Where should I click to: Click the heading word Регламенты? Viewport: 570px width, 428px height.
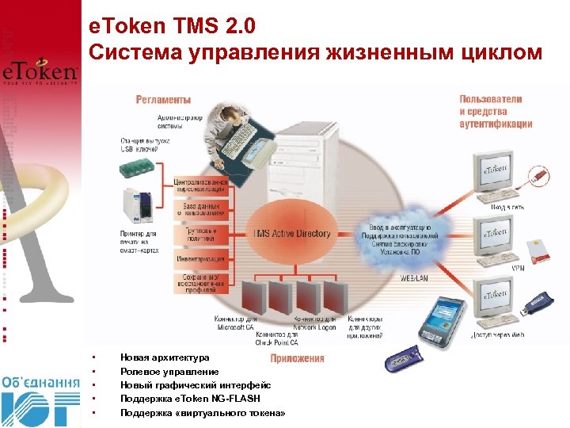(x=163, y=100)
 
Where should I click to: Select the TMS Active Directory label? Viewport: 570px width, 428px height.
(x=292, y=234)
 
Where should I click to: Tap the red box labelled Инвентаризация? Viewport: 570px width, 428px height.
(x=200, y=258)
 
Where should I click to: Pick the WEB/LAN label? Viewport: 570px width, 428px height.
(x=415, y=278)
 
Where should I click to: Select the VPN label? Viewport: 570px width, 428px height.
(x=518, y=269)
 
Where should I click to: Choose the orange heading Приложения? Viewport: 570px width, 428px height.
(x=297, y=358)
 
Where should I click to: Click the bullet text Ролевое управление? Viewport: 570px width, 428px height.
(x=169, y=371)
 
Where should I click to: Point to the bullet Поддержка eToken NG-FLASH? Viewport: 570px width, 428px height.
(x=190, y=399)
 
